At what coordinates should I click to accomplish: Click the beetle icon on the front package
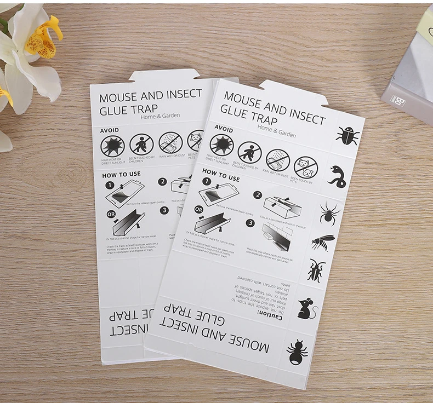click(x=347, y=135)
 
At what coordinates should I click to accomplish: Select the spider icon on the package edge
click(x=329, y=212)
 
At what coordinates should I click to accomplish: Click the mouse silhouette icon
click(x=307, y=309)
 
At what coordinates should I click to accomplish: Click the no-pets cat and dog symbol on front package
click(x=305, y=168)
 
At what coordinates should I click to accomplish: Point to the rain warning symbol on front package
click(x=277, y=160)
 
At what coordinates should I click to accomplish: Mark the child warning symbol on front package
click(x=249, y=152)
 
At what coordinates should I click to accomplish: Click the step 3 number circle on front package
click(x=250, y=222)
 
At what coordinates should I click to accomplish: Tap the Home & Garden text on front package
click(x=277, y=131)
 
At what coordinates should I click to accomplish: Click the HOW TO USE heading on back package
click(x=121, y=174)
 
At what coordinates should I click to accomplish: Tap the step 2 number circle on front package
click(x=257, y=194)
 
